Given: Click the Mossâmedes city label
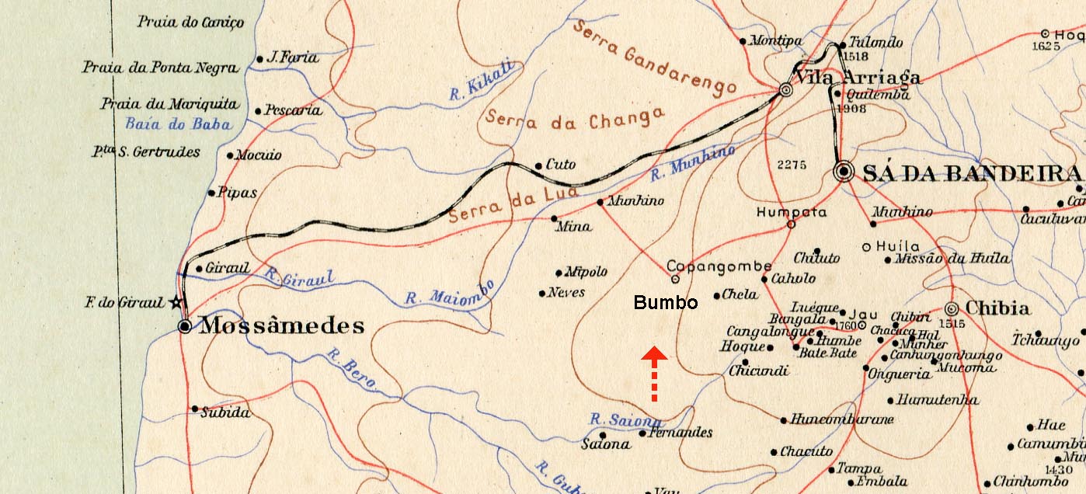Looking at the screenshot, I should point(282,326).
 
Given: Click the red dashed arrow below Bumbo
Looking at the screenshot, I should point(655,374).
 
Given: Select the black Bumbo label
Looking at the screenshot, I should point(665,303).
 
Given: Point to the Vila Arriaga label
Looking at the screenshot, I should point(857,78).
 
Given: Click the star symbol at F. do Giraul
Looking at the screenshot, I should point(176,301).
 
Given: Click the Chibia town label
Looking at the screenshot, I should point(997,308).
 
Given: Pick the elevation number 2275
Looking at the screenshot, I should point(792,165).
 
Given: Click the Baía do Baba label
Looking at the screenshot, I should point(178,124).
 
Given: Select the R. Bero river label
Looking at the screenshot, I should point(350,369).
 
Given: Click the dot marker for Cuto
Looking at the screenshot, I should point(538,165).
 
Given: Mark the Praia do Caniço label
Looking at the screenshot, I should point(190,23).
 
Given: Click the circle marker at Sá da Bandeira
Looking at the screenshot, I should point(843,172).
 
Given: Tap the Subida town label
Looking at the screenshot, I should point(225,413).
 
